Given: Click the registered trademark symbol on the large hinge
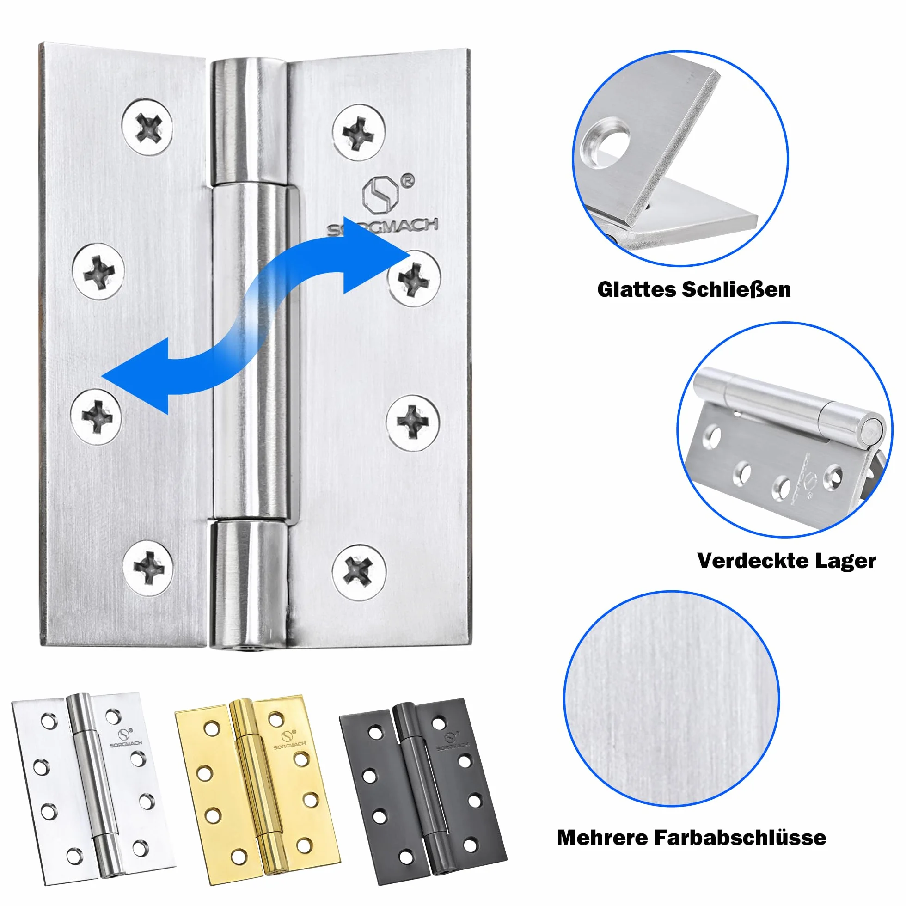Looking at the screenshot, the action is (408, 181).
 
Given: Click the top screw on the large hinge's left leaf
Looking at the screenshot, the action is (147, 127).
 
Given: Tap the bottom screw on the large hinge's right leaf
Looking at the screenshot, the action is (359, 572).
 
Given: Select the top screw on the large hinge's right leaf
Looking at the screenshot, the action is (359, 132).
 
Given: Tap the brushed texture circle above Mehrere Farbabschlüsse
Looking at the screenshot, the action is (672, 698).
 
